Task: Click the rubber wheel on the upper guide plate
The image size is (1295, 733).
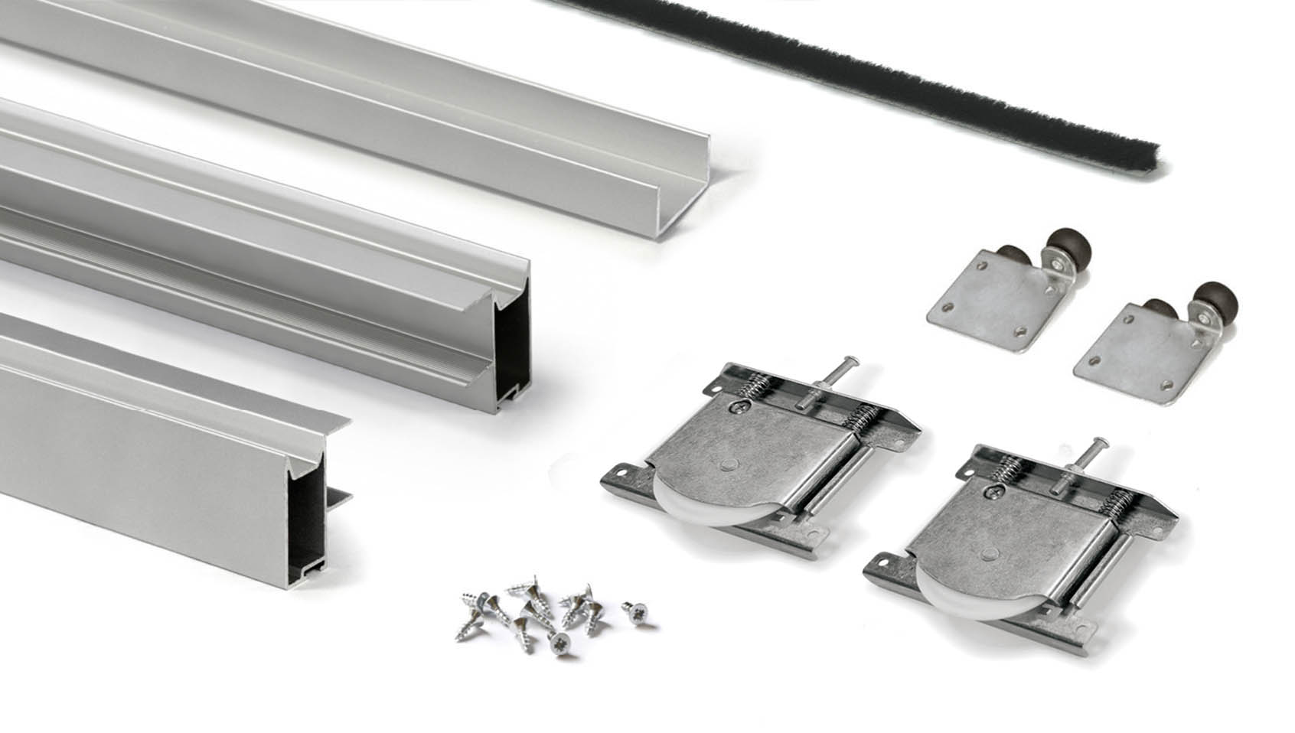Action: pos(1065,247)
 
